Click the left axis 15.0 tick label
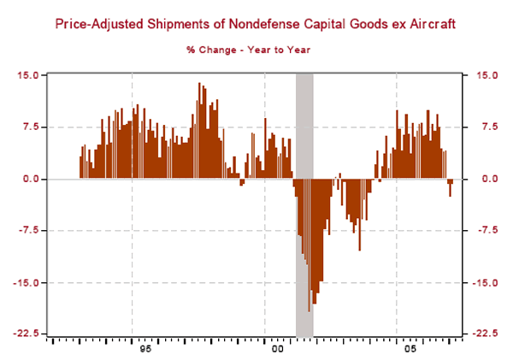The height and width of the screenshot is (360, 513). [x=29, y=75]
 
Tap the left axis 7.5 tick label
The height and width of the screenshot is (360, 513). [x=32, y=127]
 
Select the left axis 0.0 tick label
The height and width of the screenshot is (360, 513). [x=32, y=179]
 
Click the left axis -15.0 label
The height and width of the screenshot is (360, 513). [x=27, y=282]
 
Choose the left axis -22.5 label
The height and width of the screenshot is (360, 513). [x=27, y=334]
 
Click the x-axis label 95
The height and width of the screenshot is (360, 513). [x=144, y=350]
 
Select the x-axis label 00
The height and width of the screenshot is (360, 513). [x=276, y=350]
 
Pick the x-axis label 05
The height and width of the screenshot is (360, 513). [x=409, y=350]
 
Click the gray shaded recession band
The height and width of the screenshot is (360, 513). [x=304, y=111]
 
